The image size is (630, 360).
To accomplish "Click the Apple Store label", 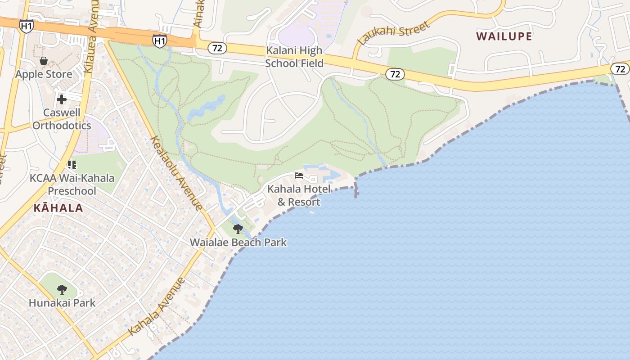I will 44,74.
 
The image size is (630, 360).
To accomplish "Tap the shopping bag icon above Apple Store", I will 44,61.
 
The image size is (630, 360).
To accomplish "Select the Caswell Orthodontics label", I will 62,119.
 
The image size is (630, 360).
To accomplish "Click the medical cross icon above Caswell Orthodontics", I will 62,99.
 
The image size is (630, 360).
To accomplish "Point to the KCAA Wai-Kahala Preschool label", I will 72,184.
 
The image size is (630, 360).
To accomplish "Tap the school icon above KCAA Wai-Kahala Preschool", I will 72,165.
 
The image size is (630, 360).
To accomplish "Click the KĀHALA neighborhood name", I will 58,208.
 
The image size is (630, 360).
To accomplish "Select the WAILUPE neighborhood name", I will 504,36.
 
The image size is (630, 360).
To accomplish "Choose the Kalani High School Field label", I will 294,57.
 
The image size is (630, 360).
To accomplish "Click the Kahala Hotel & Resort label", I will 299,195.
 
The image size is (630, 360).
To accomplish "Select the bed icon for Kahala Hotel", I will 299,175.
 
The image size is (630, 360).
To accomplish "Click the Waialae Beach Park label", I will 238,242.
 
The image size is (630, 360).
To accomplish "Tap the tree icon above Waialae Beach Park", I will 238,229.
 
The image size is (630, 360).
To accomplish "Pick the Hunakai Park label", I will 62,302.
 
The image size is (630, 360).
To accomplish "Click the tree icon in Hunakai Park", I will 62,289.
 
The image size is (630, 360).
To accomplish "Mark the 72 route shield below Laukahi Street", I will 395,74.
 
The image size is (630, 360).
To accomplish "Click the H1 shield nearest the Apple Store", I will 27,26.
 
